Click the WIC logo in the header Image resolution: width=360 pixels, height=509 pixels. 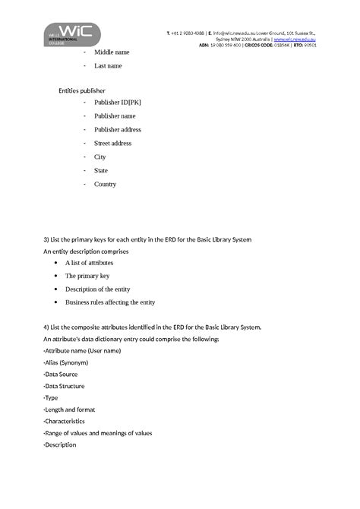[x=71, y=33]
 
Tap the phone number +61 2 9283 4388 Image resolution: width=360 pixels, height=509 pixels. [x=187, y=33]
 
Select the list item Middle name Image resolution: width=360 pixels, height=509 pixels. [x=112, y=52]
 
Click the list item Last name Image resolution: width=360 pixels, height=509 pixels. [x=108, y=66]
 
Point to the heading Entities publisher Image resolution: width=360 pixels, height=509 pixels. [x=81, y=90]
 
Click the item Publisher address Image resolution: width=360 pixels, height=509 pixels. [x=118, y=130]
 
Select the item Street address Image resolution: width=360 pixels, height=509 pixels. [x=112, y=144]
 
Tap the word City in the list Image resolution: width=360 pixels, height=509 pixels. [x=99, y=157]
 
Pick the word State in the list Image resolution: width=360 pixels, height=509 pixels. [x=101, y=171]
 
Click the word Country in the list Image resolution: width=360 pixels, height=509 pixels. [x=105, y=185]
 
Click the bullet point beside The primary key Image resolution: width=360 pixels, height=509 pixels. [x=56, y=276]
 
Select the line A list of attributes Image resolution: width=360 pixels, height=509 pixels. [x=89, y=262]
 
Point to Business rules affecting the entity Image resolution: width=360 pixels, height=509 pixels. [x=110, y=302]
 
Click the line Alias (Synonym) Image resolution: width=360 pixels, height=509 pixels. [x=66, y=363]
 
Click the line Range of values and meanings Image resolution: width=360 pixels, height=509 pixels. [x=98, y=433]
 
